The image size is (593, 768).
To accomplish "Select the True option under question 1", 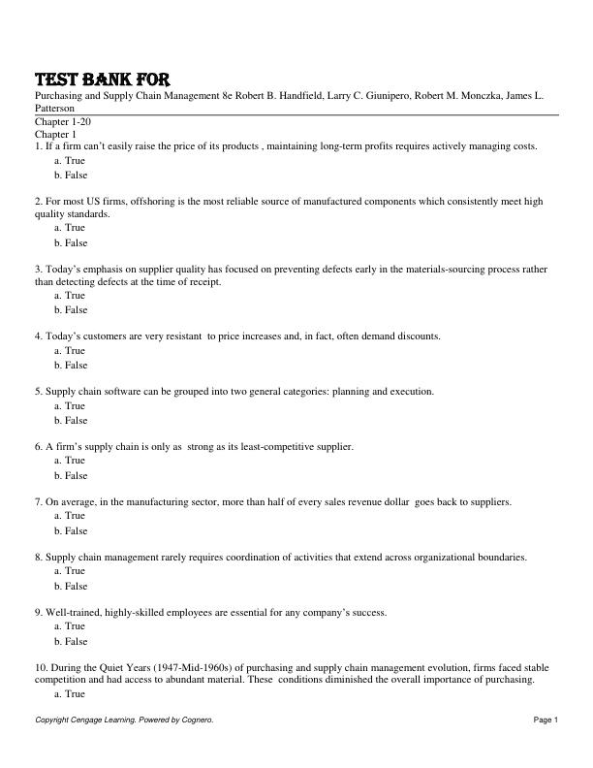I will [70, 160].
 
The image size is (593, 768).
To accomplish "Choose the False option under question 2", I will [71, 242].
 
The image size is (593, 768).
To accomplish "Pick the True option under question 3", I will [70, 296].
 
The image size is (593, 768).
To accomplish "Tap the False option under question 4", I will [71, 366].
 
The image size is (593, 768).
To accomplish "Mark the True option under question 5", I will [70, 406].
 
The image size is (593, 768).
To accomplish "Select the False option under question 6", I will [71, 475].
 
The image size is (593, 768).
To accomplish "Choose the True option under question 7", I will [70, 516].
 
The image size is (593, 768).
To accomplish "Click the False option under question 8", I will [71, 586].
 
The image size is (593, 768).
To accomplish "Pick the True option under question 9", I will [70, 626].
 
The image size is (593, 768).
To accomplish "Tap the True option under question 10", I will [70, 694].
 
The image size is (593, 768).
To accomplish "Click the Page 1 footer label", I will [546, 720].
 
